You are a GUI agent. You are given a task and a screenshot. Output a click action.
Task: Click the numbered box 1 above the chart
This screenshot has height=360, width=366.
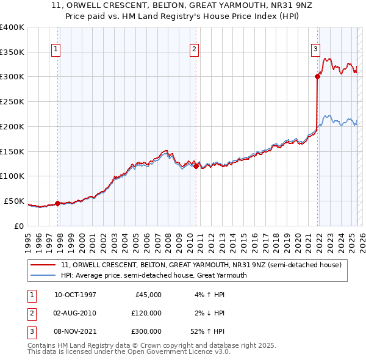pyautogui.click(x=56, y=49)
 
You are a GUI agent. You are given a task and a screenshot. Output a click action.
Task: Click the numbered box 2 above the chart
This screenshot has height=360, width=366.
pyautogui.click(x=194, y=49)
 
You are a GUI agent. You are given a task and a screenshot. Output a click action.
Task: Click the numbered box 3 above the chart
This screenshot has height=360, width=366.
pyautogui.click(x=316, y=49)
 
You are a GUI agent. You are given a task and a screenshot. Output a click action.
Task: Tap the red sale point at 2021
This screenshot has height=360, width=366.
pyautogui.click(x=318, y=76)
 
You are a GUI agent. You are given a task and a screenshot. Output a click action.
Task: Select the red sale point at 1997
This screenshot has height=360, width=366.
pyautogui.click(x=57, y=204)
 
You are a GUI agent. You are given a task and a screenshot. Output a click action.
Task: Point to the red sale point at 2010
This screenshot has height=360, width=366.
pyautogui.click(x=196, y=166)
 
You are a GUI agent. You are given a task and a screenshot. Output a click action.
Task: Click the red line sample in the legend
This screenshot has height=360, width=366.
pyautogui.click(x=43, y=265)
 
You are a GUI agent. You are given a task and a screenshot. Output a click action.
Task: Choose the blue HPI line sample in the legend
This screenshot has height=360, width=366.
pyautogui.click(x=43, y=275)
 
